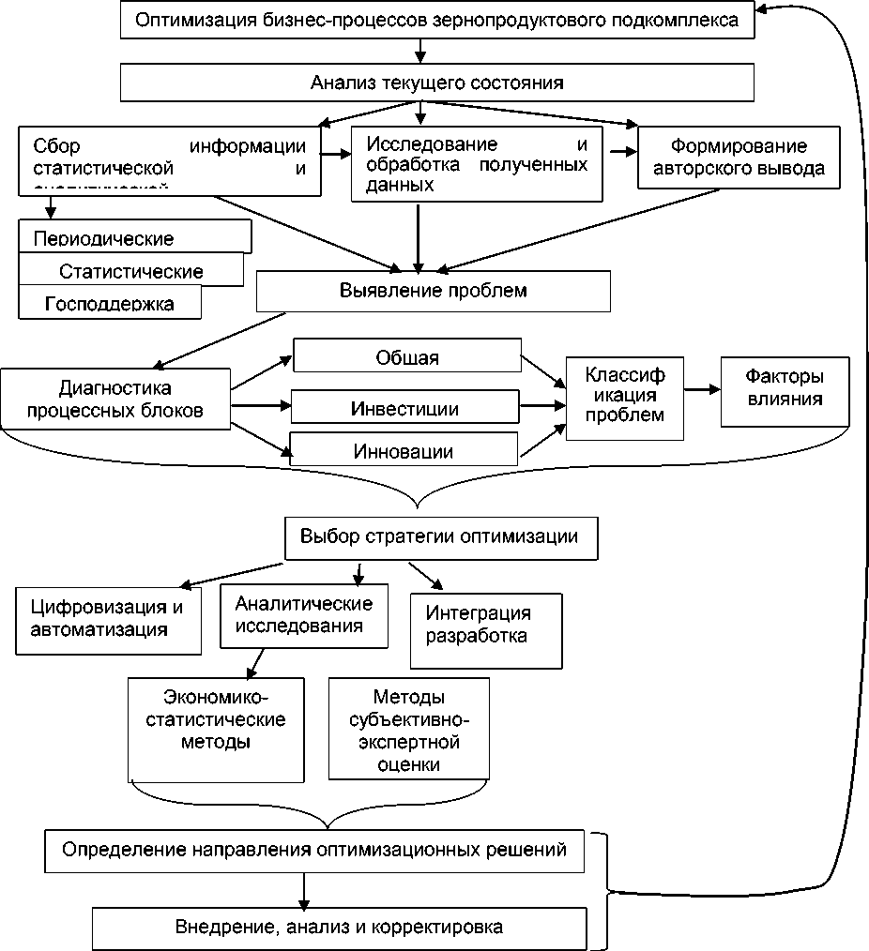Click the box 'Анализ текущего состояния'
coord(436,83)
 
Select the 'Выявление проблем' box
coord(434,291)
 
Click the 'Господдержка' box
coord(110,303)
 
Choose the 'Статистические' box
coord(131,271)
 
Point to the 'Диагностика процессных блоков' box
coord(116,399)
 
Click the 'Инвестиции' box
coord(405,409)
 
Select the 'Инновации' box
coord(404,451)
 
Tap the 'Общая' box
coord(407,357)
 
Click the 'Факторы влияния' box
coord(785,388)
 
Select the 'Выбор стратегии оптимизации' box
coord(438,537)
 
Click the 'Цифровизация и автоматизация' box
coord(109,618)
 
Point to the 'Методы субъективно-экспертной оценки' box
coord(408,730)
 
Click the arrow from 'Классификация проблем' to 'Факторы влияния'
coord(701,386)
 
